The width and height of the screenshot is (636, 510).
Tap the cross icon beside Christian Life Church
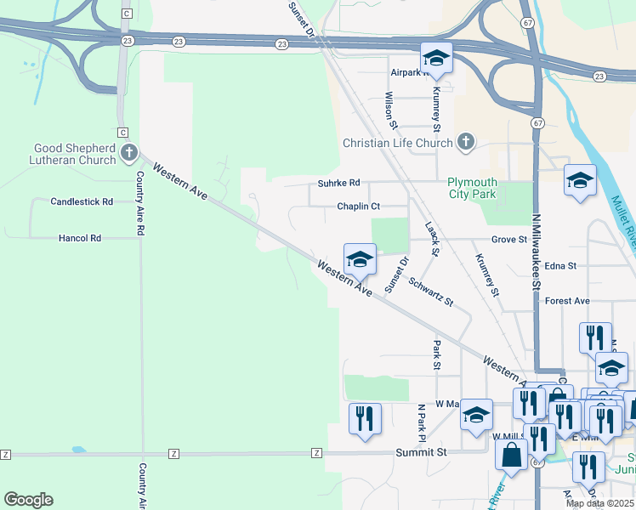coord(466,143)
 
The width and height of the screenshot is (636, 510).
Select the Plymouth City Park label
coord(473,188)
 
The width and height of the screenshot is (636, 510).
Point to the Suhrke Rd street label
coord(339,183)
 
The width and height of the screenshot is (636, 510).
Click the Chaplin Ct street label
coord(358,207)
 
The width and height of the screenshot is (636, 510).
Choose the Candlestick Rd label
coord(82,202)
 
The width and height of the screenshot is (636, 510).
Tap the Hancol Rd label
coord(80,239)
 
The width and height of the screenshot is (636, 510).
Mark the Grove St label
coord(508,241)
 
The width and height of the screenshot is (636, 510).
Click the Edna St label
coord(560,266)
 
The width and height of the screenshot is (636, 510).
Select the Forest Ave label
coord(567,301)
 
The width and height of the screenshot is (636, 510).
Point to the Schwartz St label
coord(431,291)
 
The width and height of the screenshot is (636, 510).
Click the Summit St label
coord(421,453)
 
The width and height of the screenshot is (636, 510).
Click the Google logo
coord(28,500)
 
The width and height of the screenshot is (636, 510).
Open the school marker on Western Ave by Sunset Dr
coord(360,260)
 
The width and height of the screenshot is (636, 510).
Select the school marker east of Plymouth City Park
coord(580,181)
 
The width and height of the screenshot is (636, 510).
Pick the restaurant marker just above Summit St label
coord(365,419)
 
